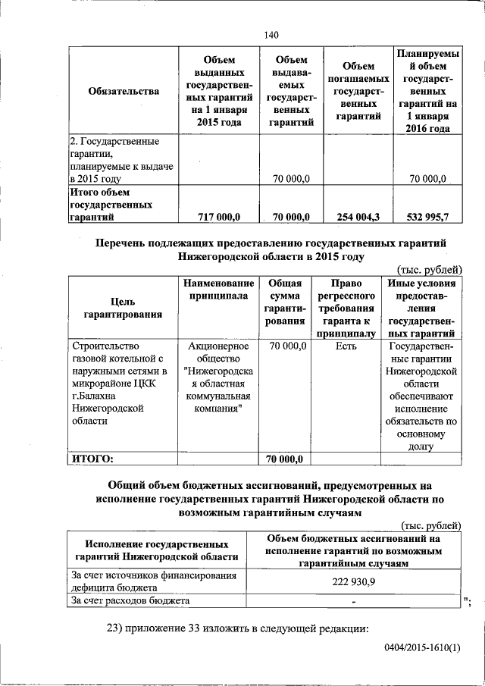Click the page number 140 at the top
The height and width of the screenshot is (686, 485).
(x=272, y=34)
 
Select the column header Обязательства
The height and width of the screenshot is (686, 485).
(x=124, y=92)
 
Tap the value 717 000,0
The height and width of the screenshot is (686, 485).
(x=218, y=217)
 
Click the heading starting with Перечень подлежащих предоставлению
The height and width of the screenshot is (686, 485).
(x=271, y=249)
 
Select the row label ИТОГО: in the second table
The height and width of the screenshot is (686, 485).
(x=92, y=458)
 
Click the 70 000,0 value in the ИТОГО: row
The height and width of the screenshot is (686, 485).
(x=286, y=459)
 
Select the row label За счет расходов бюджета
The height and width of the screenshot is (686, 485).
(x=130, y=600)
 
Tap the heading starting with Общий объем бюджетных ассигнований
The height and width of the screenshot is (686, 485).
(x=270, y=498)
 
